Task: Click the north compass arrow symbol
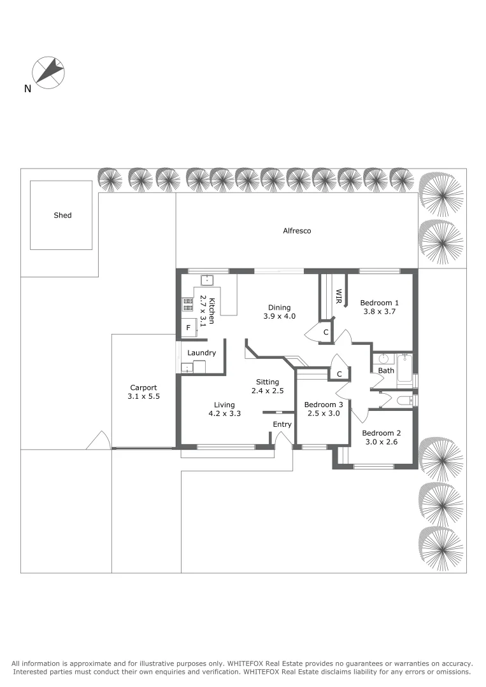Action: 49,71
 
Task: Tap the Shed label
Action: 62,215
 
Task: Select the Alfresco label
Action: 297,230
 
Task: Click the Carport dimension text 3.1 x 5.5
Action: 143,396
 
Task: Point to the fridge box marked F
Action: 188,328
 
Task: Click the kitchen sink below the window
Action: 207,280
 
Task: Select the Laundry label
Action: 201,352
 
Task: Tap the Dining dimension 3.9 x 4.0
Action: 279,316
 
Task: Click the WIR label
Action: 339,296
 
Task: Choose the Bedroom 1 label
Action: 379,302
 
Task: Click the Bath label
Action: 386,370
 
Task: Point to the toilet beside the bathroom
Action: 403,401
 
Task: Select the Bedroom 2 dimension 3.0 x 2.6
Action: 380,441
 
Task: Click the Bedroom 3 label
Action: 323,405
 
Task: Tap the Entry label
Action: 282,424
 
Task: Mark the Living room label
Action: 224,405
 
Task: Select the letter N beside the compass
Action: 27,89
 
